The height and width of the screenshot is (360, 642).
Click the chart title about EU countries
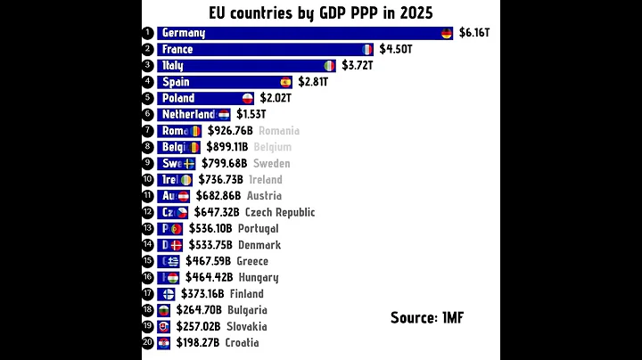click(x=321, y=12)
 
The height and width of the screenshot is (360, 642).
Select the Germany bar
click(x=303, y=33)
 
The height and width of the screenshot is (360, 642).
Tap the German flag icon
click(x=447, y=33)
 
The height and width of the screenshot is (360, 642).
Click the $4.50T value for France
click(x=396, y=49)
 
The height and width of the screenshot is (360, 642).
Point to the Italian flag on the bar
click(x=329, y=66)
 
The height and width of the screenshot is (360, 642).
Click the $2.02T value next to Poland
click(x=276, y=98)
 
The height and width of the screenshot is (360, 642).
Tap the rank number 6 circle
click(x=148, y=114)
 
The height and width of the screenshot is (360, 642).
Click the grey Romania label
click(x=279, y=131)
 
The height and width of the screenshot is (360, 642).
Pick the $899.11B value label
click(x=227, y=147)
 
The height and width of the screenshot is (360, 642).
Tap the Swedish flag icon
click(x=189, y=163)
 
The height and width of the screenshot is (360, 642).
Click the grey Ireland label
click(x=265, y=179)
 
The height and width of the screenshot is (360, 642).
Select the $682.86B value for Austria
click(x=218, y=196)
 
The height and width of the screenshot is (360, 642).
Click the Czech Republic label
click(x=280, y=212)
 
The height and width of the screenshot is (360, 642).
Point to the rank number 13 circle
click(x=148, y=228)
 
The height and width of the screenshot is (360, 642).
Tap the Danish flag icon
click(x=176, y=245)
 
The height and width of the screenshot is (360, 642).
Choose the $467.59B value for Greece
click(x=208, y=261)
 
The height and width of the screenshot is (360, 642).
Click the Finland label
click(x=247, y=293)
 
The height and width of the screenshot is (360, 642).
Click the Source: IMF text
click(x=427, y=317)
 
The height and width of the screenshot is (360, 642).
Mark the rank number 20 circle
click(x=148, y=342)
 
